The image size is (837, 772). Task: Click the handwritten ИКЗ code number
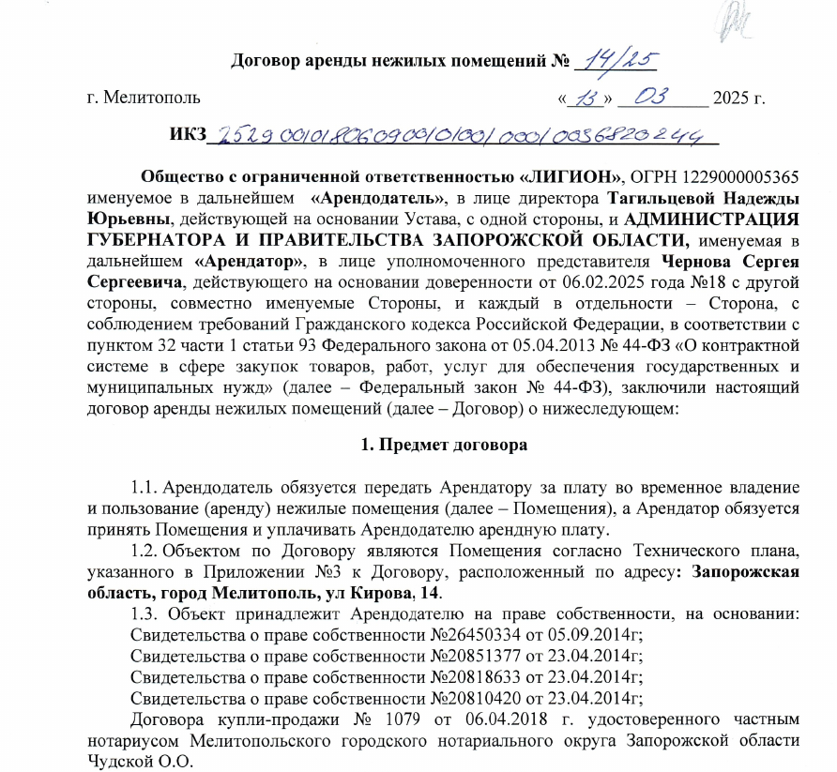click(x=460, y=137)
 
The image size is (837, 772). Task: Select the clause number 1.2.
click(x=145, y=551)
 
